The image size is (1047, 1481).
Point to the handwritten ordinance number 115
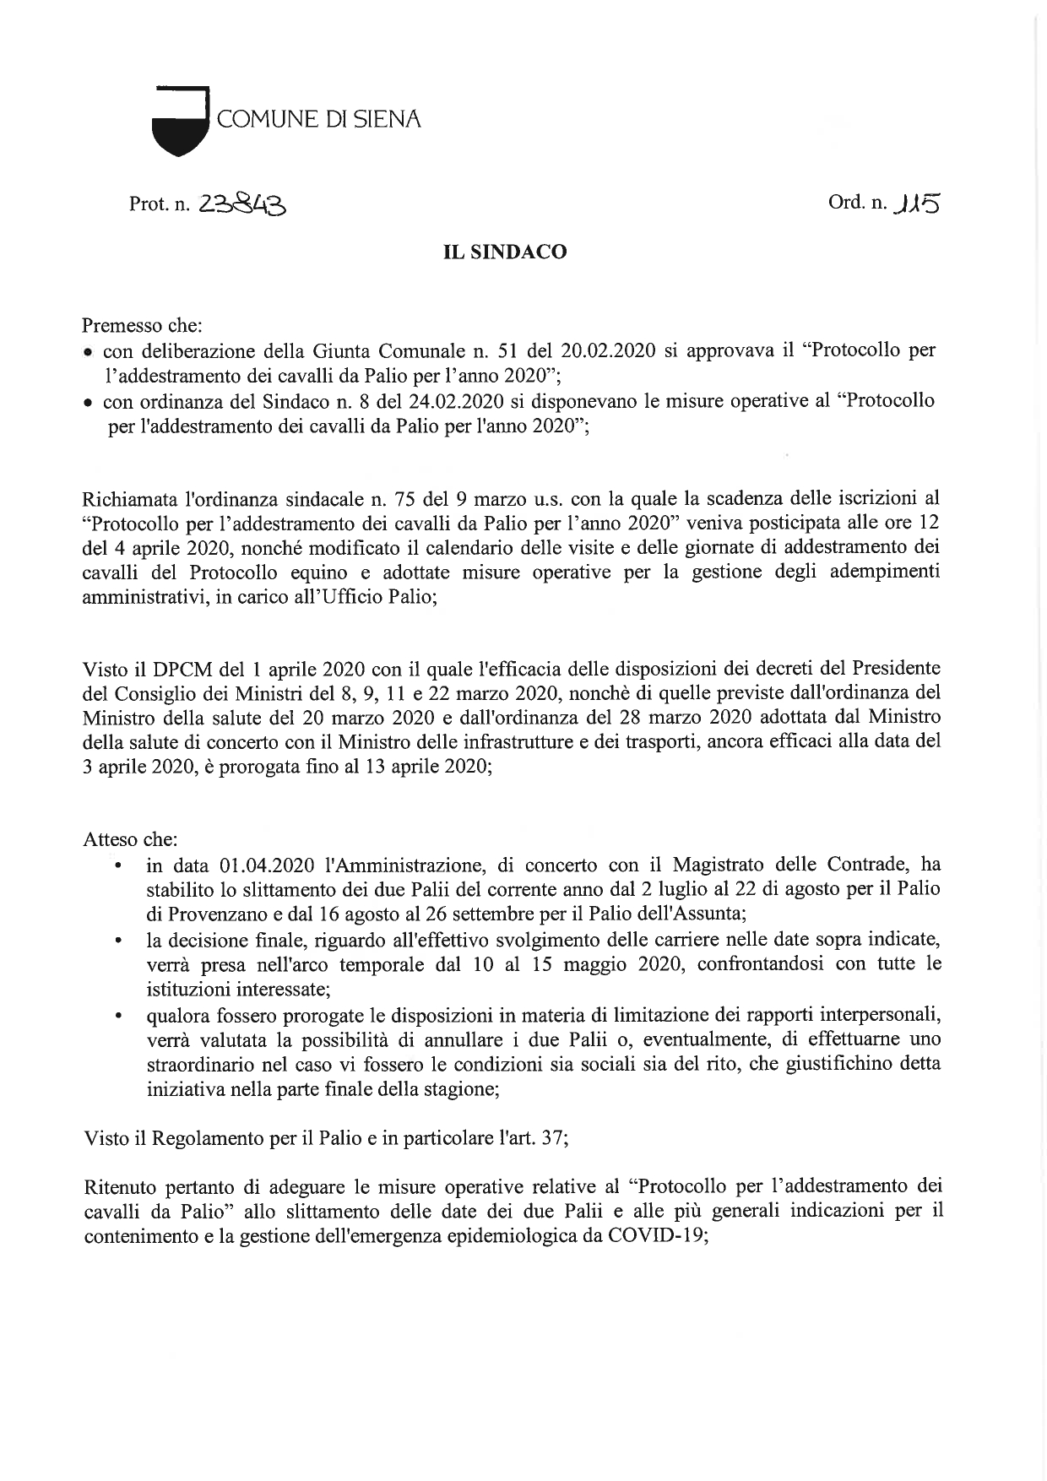pos(918,203)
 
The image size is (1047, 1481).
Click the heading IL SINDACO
pos(505,252)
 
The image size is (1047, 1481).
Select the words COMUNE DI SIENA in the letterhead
pos(318,119)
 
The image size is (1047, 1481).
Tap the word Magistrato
pos(718,865)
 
